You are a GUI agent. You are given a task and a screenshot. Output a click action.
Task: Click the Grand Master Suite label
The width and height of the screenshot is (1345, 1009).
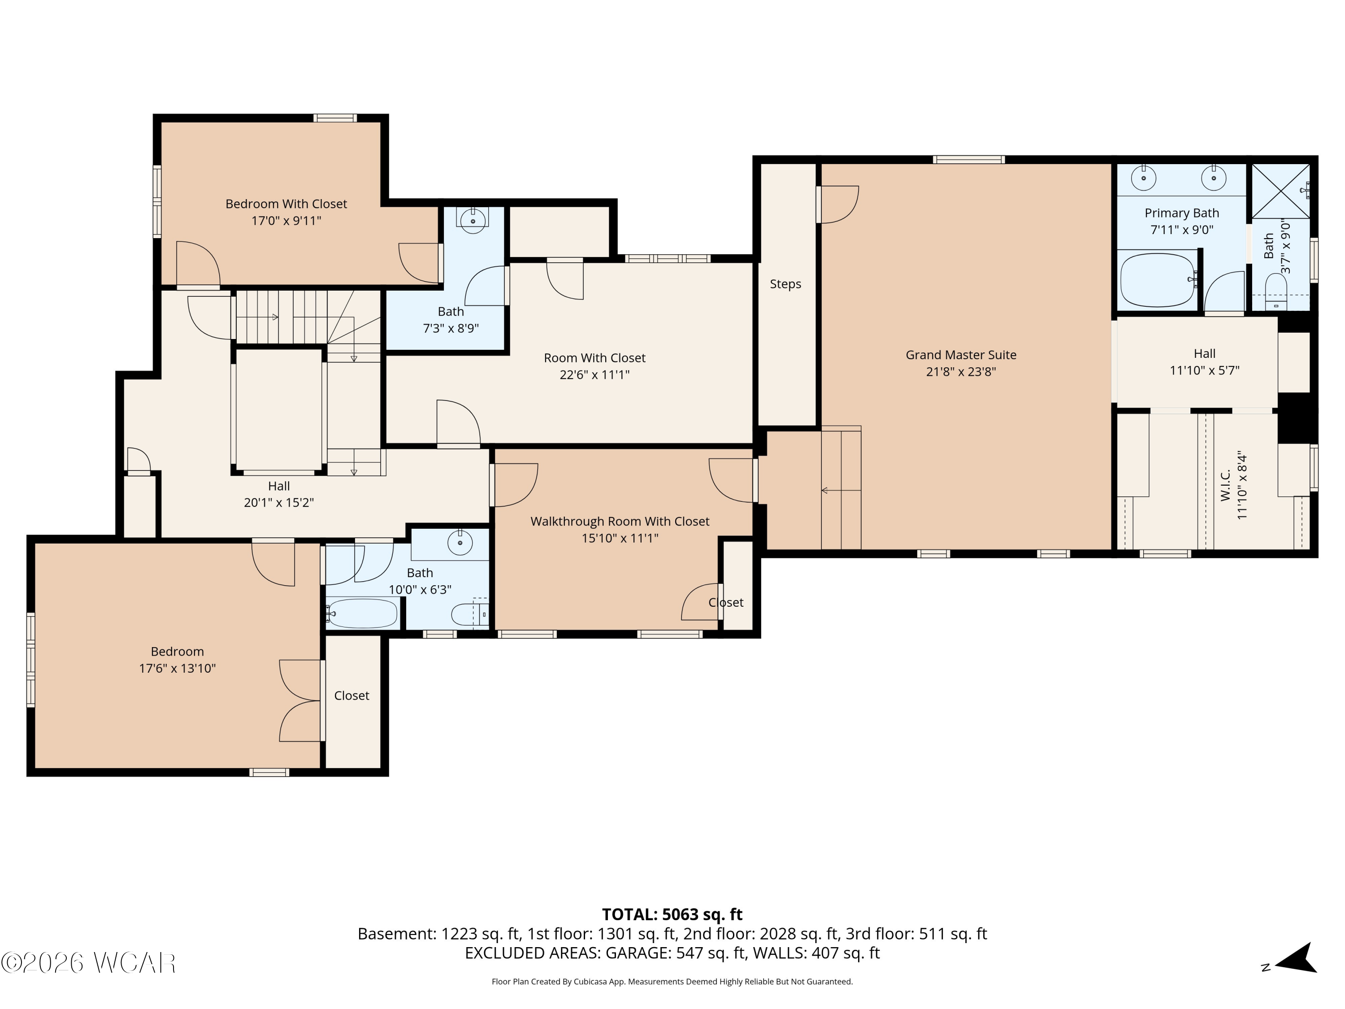pyautogui.click(x=961, y=355)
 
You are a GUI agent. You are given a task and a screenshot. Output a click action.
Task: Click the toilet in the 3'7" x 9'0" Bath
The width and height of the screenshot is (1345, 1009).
pyautogui.click(x=1276, y=292)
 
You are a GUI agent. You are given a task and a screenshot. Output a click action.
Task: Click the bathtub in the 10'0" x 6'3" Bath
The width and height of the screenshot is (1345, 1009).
pyautogui.click(x=362, y=613)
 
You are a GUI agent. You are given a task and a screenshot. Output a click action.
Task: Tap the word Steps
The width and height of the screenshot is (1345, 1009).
pyautogui.click(x=785, y=284)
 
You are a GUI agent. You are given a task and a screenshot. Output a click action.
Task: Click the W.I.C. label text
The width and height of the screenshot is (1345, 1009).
pyautogui.click(x=1225, y=485)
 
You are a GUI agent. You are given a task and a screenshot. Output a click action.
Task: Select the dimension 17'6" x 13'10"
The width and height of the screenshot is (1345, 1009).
pyautogui.click(x=178, y=669)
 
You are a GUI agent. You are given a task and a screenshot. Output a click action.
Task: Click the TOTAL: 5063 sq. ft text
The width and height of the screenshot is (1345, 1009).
pyautogui.click(x=672, y=915)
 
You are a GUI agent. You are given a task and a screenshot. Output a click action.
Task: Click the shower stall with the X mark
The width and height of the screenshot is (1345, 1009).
pyautogui.click(x=1280, y=191)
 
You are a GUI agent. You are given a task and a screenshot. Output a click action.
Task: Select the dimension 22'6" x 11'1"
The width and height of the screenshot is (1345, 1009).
pyautogui.click(x=594, y=374)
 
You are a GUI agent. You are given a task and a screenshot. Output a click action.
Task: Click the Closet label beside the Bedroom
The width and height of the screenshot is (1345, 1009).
pyautogui.click(x=351, y=696)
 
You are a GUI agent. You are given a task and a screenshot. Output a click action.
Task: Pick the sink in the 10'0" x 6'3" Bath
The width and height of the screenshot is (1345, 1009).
pyautogui.click(x=460, y=542)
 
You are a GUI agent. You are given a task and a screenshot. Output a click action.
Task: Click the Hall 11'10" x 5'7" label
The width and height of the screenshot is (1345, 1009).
pyautogui.click(x=1205, y=362)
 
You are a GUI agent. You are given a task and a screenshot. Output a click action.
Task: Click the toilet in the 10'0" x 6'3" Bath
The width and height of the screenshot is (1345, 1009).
pyautogui.click(x=470, y=614)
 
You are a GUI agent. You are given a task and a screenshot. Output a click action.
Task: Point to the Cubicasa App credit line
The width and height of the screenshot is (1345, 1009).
pyautogui.click(x=672, y=982)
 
